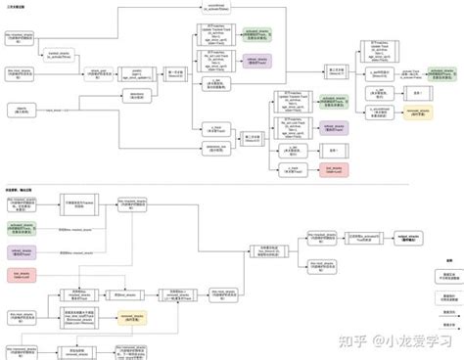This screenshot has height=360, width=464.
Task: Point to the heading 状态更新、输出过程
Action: pos(20,187)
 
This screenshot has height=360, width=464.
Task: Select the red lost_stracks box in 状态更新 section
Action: pos(19,275)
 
